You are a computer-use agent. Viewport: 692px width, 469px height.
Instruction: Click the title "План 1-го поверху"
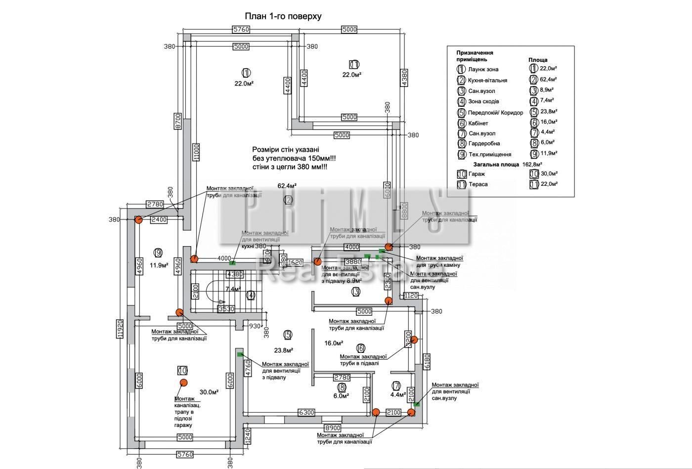point(283,16)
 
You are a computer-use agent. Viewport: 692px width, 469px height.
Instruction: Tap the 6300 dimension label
point(306,412)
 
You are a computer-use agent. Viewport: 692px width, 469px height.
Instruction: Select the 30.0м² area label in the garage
point(209,392)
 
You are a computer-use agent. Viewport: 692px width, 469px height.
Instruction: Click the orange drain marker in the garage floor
point(183,382)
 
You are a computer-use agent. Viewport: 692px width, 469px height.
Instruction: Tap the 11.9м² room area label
point(159,265)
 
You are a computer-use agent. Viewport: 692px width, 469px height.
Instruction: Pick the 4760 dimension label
point(248,368)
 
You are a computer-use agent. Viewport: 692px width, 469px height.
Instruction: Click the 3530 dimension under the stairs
point(227,309)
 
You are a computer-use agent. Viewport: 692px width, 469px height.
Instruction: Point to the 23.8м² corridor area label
point(284,350)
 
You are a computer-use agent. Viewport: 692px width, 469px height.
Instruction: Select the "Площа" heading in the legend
point(538,60)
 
